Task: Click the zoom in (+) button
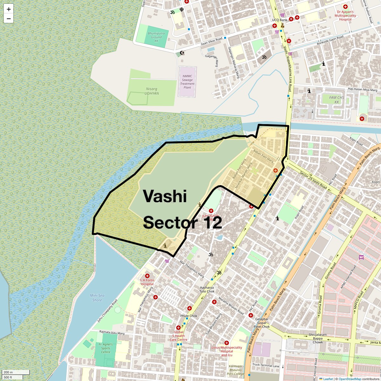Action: point(9,9)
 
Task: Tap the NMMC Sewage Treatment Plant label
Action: point(187,82)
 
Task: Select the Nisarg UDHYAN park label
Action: point(152,91)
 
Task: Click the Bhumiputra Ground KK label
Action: point(156,37)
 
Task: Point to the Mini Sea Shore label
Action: point(97,298)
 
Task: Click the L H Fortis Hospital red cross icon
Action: point(147,276)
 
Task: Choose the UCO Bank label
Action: point(279,20)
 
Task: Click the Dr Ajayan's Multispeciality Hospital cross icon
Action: point(345,7)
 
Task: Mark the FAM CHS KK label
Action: point(337,100)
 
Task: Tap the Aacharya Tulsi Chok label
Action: point(207,289)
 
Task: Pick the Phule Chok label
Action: point(189,316)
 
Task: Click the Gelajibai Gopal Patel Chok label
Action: point(262,323)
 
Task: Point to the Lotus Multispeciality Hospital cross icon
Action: point(226,343)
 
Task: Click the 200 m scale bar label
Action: point(9,372)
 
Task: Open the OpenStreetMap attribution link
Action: point(350,379)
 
